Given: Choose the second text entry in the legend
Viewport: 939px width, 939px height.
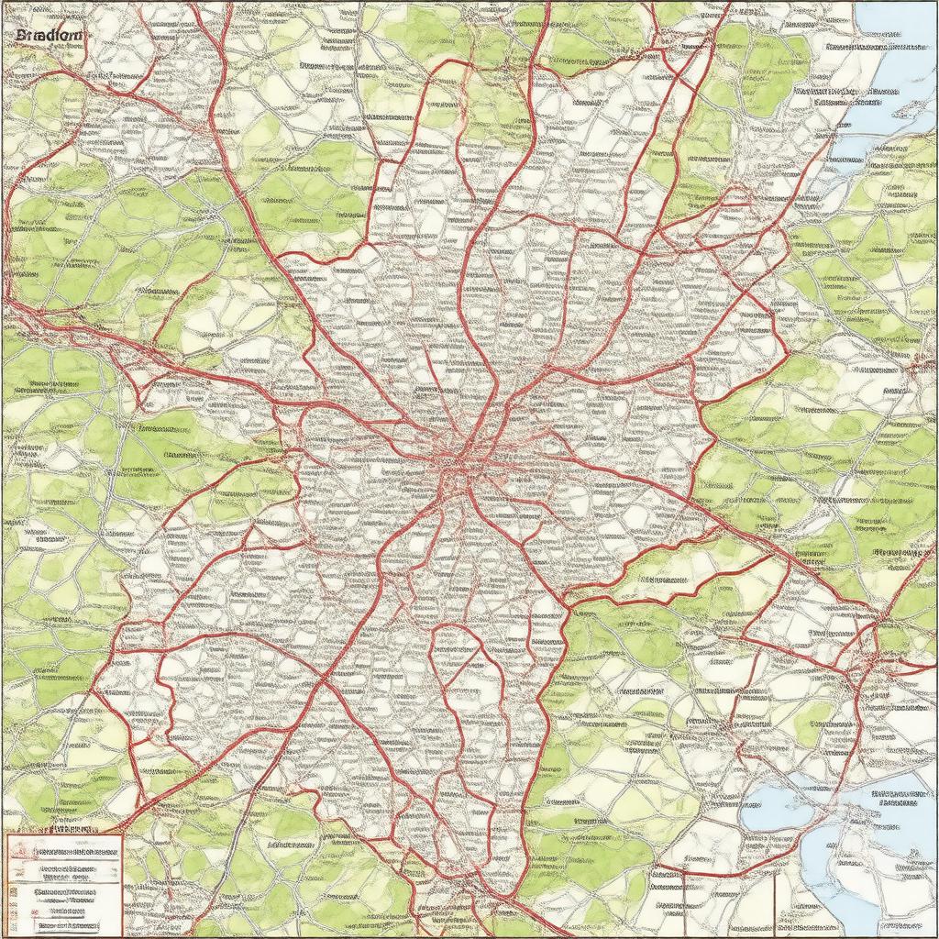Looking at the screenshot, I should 79,867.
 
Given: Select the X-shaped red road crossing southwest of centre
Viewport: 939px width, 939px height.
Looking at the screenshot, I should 326,679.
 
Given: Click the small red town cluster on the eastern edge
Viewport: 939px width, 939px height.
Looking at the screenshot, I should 912,367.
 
